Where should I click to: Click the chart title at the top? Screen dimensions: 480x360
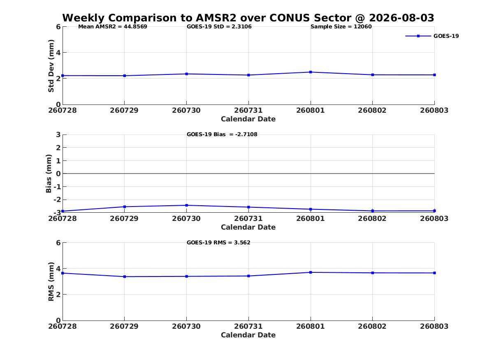pos(248,18)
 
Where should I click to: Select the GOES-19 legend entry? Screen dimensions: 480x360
pos(432,36)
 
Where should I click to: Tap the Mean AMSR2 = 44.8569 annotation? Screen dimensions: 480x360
pos(113,27)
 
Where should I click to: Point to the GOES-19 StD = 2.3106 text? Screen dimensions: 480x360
pos(219,27)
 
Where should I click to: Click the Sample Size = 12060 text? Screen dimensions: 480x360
pos(341,27)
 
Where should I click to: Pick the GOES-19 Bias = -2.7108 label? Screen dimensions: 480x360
pos(222,135)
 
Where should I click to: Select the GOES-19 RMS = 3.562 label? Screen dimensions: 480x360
pos(218,242)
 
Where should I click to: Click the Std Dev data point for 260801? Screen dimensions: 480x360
pos(311,72)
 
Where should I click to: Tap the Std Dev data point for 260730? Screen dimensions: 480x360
pos(186,74)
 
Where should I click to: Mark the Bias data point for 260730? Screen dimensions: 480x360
pos(186,205)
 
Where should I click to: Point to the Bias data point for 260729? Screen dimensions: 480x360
pos(124,207)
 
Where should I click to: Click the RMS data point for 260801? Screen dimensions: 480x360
pos(311,272)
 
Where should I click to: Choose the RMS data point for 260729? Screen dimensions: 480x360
pos(124,277)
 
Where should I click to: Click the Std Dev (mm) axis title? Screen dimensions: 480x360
pos(51,66)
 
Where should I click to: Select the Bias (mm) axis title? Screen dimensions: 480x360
pos(49,174)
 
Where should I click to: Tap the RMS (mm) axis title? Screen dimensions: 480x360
pos(51,282)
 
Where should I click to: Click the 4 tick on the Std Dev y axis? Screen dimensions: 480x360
pos(58,53)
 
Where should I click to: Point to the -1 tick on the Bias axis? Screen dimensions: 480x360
pos(57,187)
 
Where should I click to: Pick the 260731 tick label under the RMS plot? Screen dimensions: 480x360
pos(248,326)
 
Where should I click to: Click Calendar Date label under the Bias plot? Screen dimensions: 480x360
pos(248,227)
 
